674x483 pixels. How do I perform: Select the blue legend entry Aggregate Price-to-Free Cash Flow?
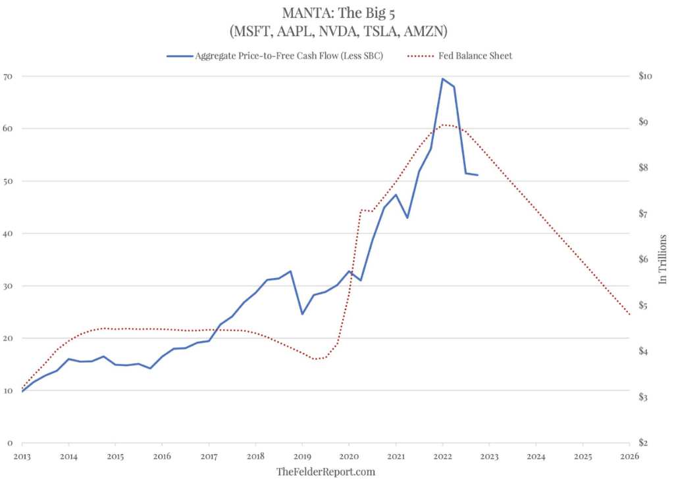288,56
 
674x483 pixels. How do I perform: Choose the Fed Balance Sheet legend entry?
475,56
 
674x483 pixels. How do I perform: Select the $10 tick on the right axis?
645,76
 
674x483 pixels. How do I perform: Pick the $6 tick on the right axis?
646,260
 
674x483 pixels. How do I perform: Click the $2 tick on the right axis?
646,443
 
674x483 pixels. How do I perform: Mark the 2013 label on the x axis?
22,456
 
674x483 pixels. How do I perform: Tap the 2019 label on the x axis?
302,456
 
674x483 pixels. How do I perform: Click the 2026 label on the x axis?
629,456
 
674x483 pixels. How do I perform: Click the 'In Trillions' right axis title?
663,259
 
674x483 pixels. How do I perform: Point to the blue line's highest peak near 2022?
442,79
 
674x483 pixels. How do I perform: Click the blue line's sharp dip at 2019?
302,314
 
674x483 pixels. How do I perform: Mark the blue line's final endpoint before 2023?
477,175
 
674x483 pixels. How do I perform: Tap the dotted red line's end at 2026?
629,314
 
